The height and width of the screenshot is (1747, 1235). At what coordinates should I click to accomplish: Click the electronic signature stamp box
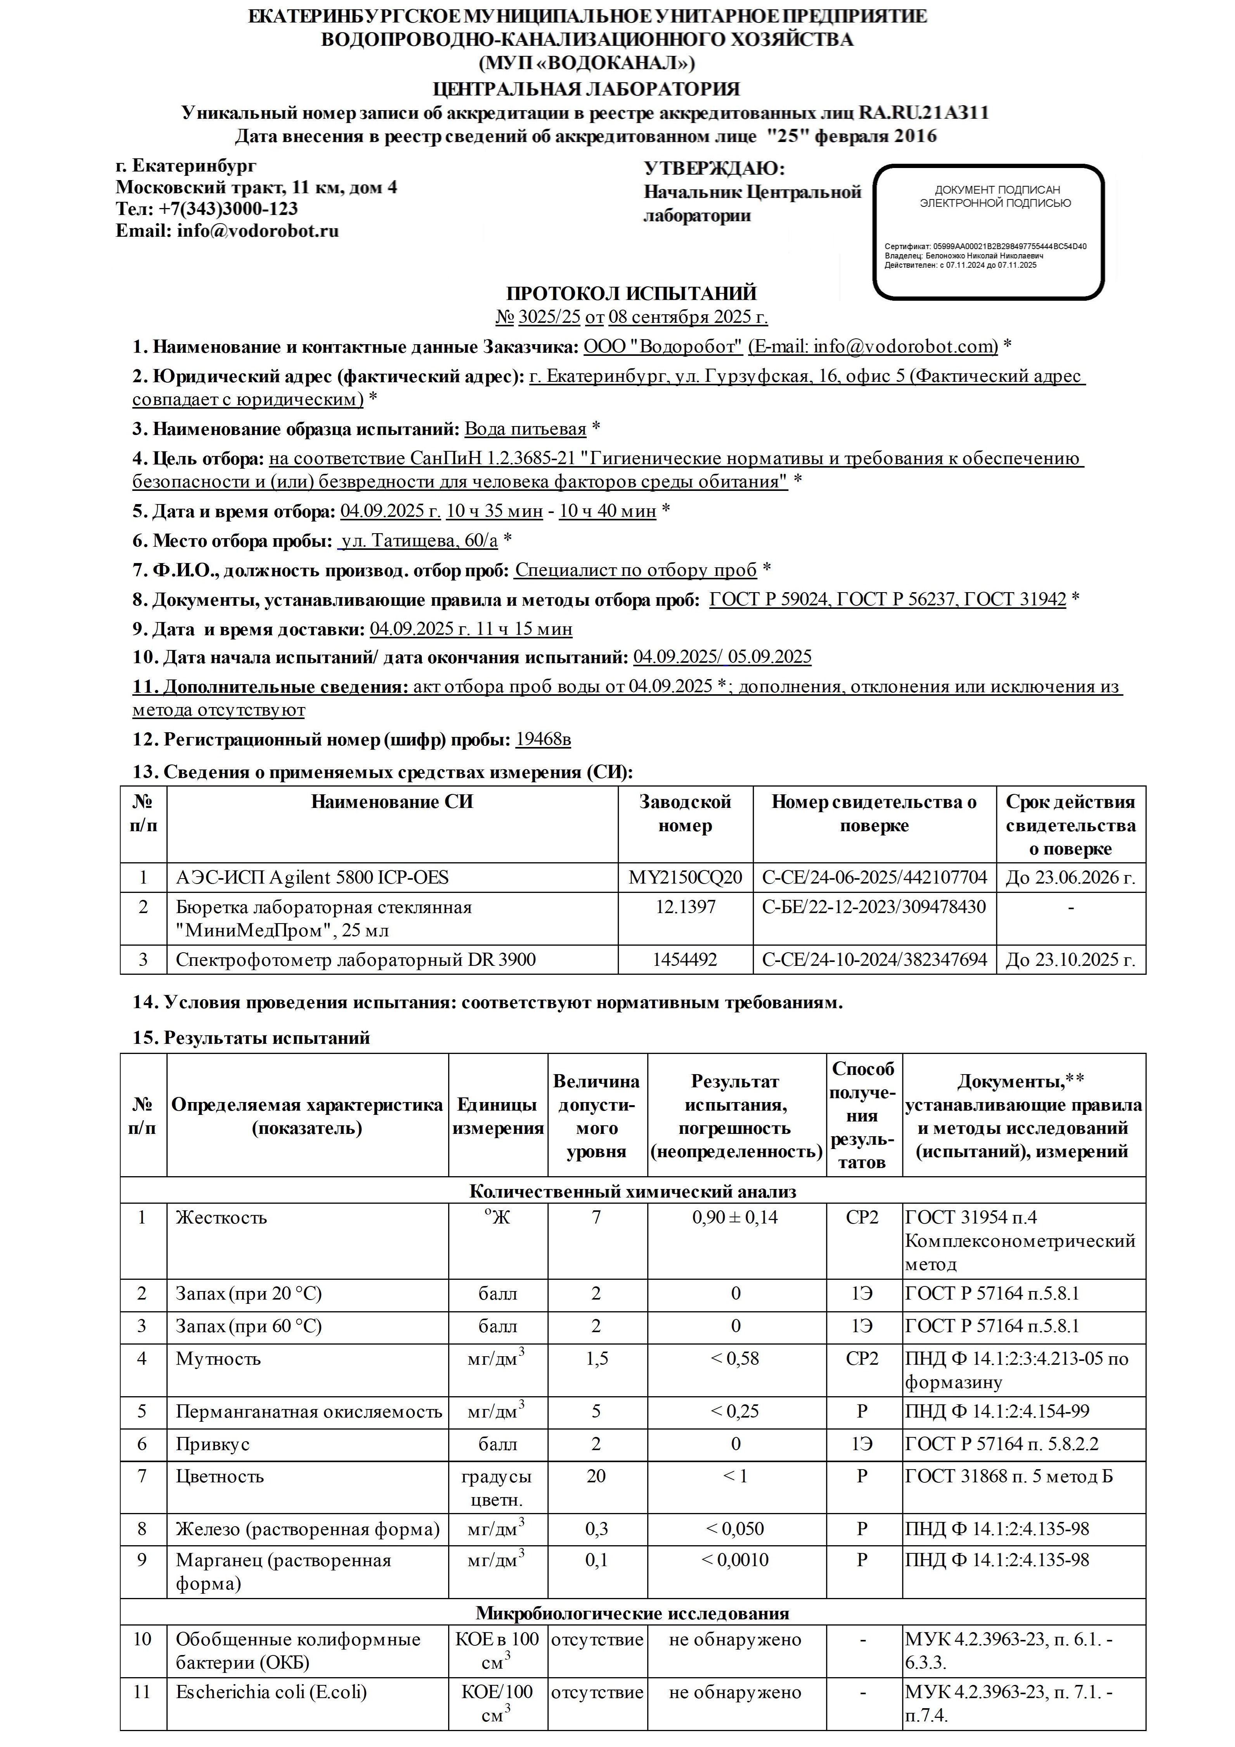[988, 231]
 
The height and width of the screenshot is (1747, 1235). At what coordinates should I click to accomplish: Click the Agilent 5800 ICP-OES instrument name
[312, 877]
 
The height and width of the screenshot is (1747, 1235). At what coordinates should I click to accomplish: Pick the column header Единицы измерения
[498, 1116]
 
